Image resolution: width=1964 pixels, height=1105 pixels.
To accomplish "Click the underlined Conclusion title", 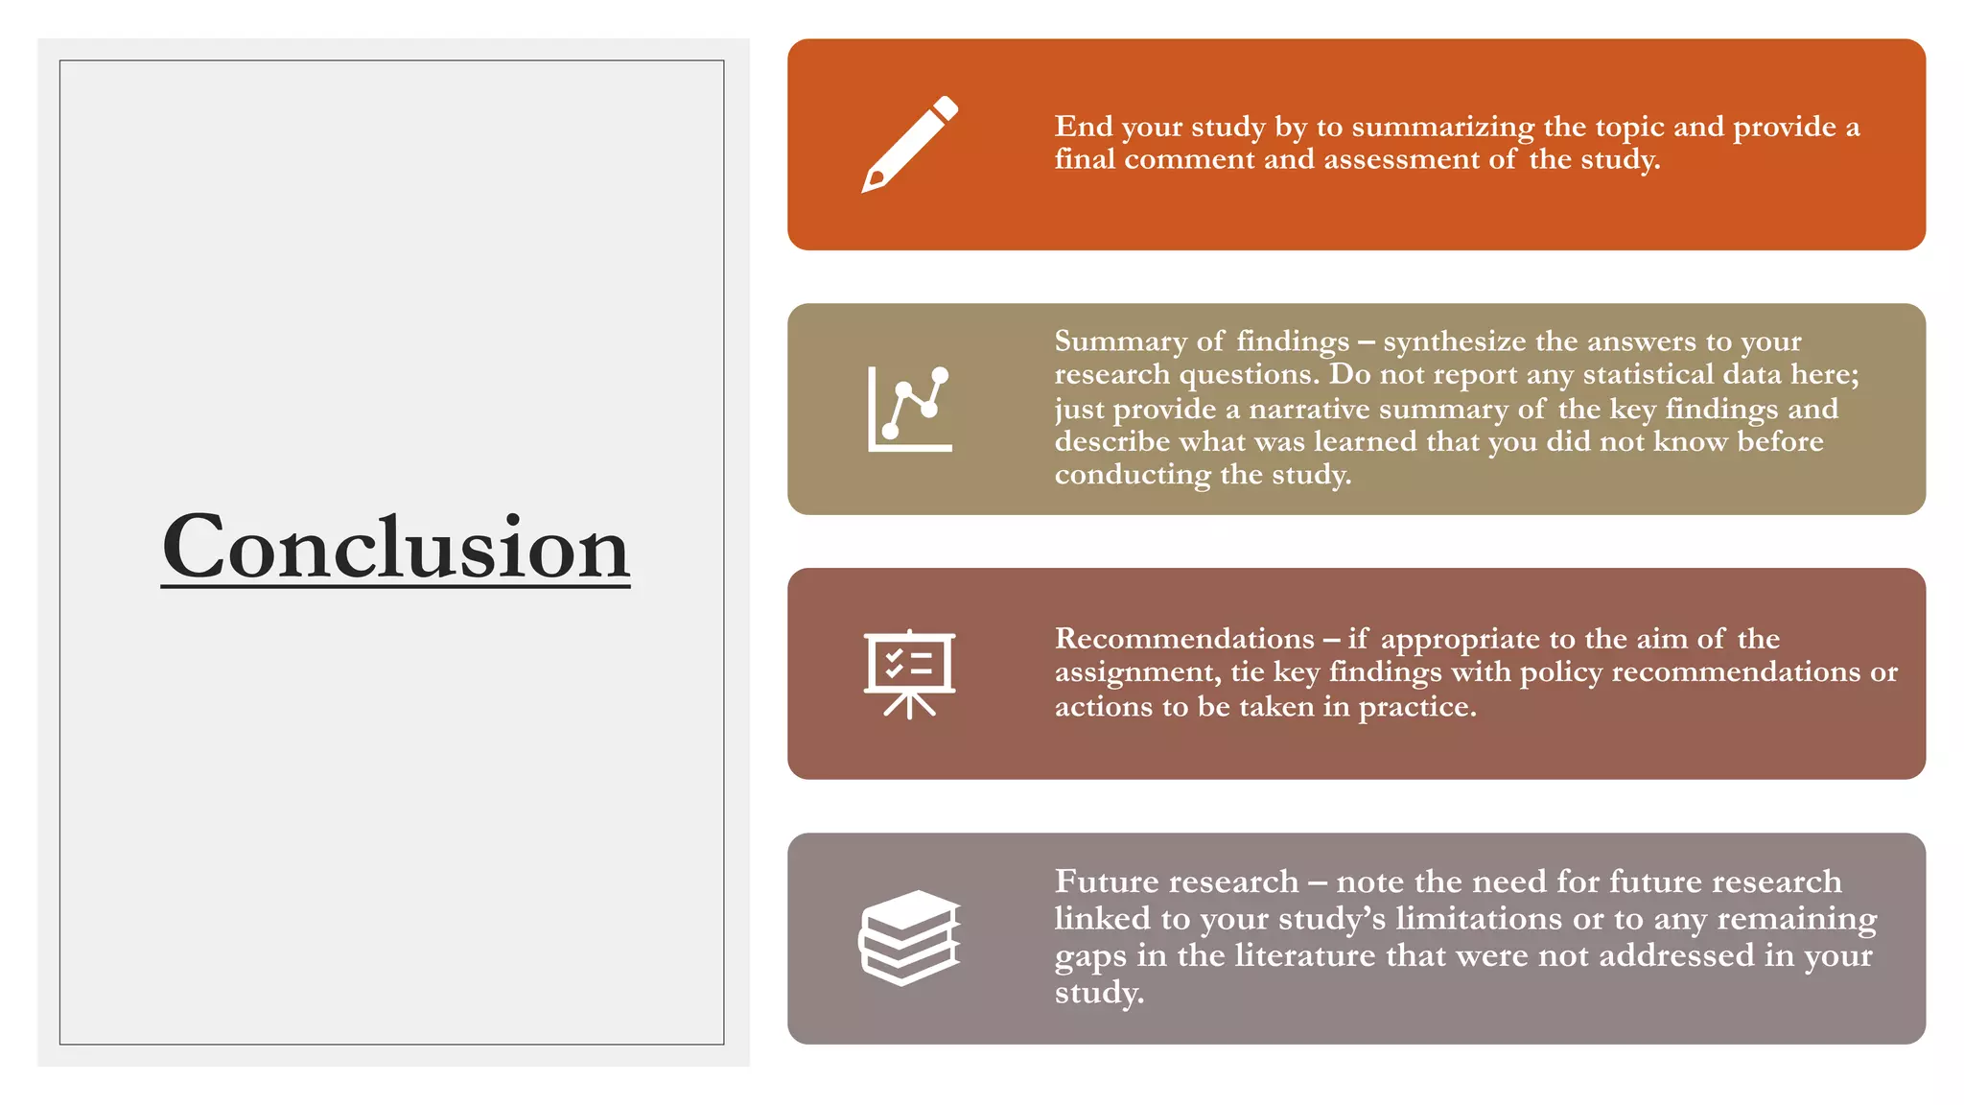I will coord(395,547).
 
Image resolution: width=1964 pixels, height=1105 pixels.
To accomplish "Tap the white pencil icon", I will coord(909,144).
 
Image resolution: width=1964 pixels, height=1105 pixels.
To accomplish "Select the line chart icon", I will coord(909,409).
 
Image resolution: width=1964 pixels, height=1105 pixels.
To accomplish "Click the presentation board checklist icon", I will coord(909,673).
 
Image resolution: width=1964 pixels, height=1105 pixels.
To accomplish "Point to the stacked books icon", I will coord(909,937).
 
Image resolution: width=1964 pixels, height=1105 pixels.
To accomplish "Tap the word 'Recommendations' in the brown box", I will coord(1184,639).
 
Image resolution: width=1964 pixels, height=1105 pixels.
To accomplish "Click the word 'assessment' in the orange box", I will coord(1401,159).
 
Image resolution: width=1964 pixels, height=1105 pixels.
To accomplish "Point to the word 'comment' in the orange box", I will coord(1189,159).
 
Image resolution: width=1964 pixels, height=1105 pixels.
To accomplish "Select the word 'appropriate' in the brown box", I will coord(1460,640).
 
